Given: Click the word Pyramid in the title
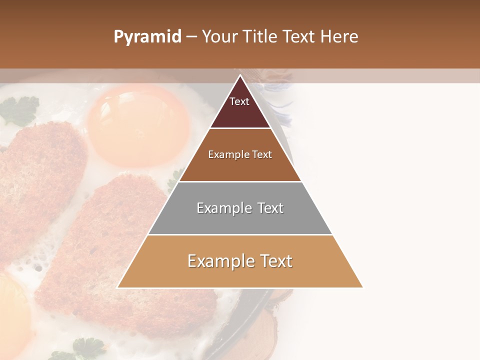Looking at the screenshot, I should (x=147, y=37).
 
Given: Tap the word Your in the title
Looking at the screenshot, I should (x=219, y=37).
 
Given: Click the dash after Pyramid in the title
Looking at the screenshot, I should (x=191, y=37).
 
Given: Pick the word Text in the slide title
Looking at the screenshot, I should (x=300, y=37).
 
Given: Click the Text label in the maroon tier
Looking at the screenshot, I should (x=239, y=101).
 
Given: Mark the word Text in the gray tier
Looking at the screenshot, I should (x=270, y=208).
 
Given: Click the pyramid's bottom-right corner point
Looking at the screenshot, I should (x=363, y=287).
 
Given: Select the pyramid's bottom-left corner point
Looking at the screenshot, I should (x=117, y=287).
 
